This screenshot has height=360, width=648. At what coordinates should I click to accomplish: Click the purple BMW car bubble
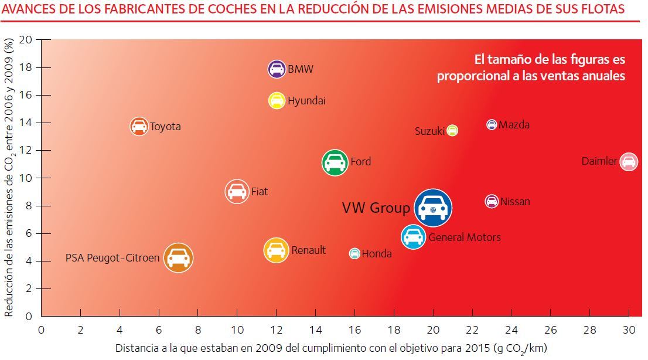tap(277, 69)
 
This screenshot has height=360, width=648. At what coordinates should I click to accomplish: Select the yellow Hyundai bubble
tap(277, 100)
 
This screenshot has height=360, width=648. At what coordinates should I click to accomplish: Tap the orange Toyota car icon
tap(139, 126)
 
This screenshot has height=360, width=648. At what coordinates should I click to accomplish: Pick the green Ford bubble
tap(334, 162)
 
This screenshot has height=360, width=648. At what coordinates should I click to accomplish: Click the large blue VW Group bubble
tap(433, 208)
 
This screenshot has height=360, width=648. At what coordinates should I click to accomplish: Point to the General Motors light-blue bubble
tap(413, 236)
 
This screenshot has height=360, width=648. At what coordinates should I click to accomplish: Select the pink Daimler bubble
tap(628, 161)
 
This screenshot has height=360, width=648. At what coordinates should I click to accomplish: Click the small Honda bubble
tap(354, 253)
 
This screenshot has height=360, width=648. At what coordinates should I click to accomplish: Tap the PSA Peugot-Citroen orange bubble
tap(178, 257)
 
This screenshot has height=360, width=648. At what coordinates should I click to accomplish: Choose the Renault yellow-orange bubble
tap(276, 250)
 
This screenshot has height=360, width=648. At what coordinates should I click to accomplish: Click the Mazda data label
tap(514, 124)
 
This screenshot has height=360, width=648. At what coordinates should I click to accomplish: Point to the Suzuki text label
tap(429, 131)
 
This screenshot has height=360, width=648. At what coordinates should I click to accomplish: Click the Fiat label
tap(259, 191)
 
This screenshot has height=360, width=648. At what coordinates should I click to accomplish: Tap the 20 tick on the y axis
tap(26, 40)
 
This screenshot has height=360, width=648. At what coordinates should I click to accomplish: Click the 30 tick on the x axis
tap(628, 329)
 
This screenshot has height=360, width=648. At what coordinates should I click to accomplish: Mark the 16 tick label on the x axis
tap(354, 329)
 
